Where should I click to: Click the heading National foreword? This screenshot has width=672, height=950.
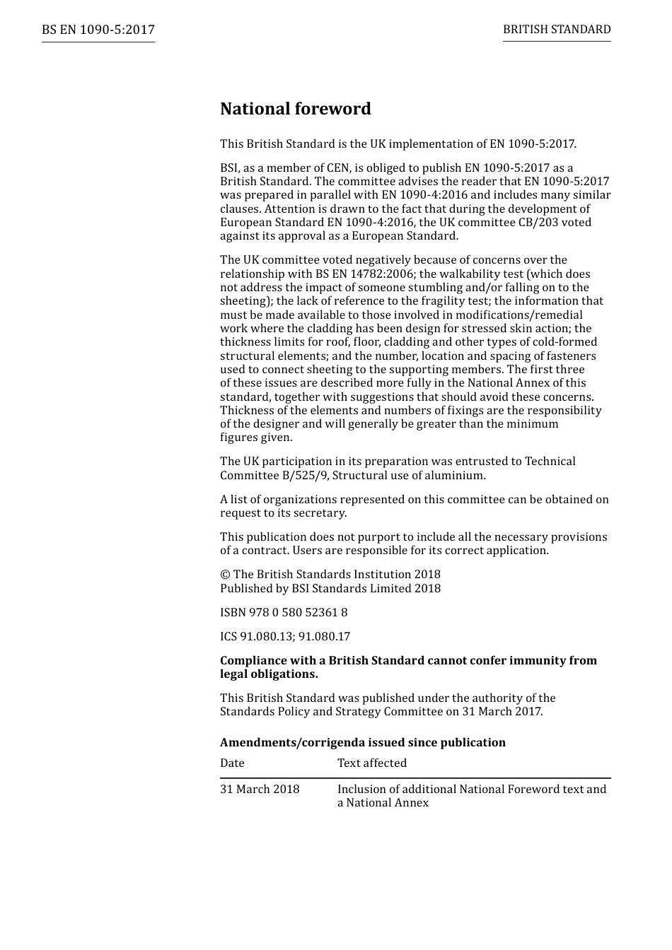click(295, 109)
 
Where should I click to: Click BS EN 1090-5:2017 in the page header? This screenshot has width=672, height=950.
click(98, 30)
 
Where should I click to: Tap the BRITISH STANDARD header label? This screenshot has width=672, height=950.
click(557, 30)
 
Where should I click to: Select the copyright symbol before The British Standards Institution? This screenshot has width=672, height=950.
click(225, 575)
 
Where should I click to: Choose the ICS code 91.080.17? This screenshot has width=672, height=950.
click(324, 637)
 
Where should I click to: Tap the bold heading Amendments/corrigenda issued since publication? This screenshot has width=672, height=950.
click(362, 743)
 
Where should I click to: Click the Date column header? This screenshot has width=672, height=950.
click(232, 763)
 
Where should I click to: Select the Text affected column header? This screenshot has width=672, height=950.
click(371, 763)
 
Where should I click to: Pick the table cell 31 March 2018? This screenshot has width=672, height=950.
click(260, 790)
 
